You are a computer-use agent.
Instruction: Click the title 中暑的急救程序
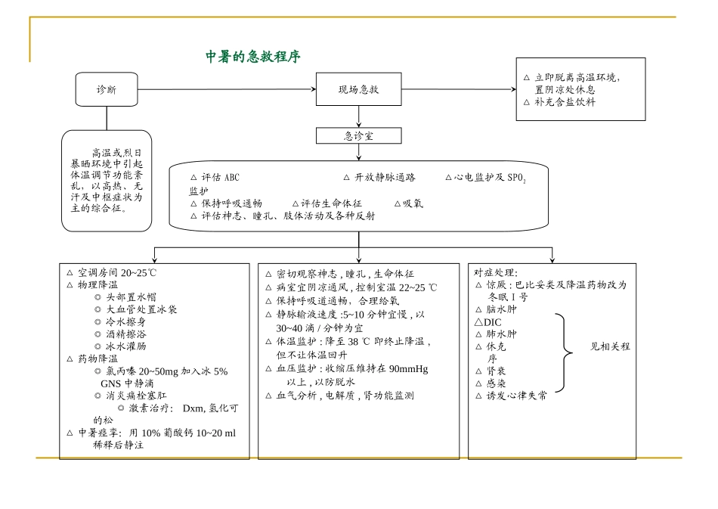(x=253, y=57)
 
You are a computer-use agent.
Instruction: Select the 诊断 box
(x=107, y=89)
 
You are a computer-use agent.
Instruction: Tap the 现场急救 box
(x=358, y=89)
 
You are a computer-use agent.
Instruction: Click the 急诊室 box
(x=358, y=136)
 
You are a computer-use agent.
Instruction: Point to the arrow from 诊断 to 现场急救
(x=227, y=89)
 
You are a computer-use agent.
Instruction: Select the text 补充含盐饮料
(x=565, y=101)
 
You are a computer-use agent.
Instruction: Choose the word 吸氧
(x=413, y=203)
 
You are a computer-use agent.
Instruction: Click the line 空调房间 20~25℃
(x=117, y=272)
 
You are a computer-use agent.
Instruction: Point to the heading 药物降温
(x=97, y=358)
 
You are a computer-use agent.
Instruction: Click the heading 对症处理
(x=496, y=272)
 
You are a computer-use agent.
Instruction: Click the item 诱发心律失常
(x=517, y=395)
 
